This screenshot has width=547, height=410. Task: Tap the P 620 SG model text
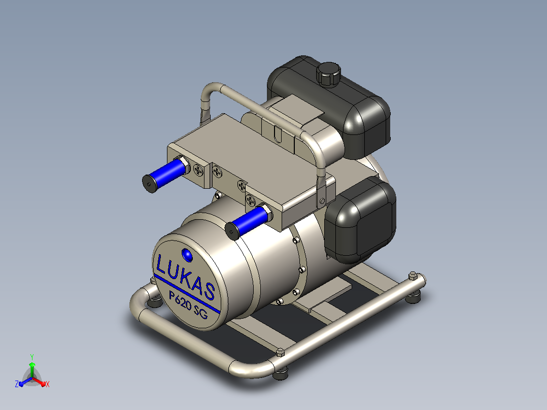[x=188, y=304]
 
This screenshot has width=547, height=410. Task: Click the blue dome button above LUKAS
[x=187, y=255]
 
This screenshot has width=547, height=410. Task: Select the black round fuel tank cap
[x=328, y=74]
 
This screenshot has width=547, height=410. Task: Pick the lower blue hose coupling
[x=249, y=222]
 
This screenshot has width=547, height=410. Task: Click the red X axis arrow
[x=40, y=381]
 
